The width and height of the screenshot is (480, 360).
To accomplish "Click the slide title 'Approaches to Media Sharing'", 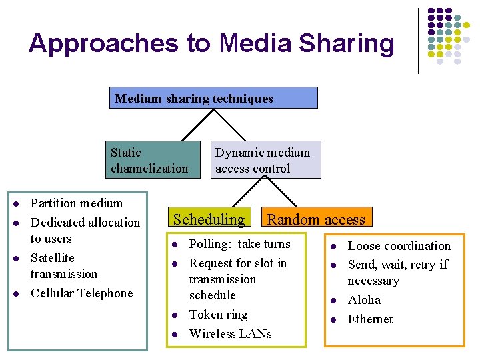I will coord(211,43).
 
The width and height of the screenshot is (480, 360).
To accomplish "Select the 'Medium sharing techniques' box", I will coord(213,98).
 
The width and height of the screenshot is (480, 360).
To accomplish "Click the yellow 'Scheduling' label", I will coord(209,219).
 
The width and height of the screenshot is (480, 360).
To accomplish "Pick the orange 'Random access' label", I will coord(316,219).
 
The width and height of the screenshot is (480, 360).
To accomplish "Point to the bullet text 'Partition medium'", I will coord(77,203).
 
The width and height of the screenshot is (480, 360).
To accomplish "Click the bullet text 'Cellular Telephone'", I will coord(82,293).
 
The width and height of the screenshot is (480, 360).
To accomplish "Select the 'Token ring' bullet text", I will coord(218,315).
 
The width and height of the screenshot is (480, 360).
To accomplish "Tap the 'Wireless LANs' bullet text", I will coord(230,334).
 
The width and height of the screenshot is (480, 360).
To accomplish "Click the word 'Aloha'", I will coord(364,300).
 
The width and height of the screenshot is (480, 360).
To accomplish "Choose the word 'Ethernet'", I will coord(370,319).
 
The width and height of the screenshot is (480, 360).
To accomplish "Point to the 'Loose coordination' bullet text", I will coord(399,246).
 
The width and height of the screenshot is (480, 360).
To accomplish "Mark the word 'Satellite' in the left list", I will coord(53,258).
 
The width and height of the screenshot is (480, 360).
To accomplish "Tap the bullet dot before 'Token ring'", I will coord(173,315).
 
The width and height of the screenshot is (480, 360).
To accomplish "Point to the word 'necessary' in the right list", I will coord(373,281).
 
